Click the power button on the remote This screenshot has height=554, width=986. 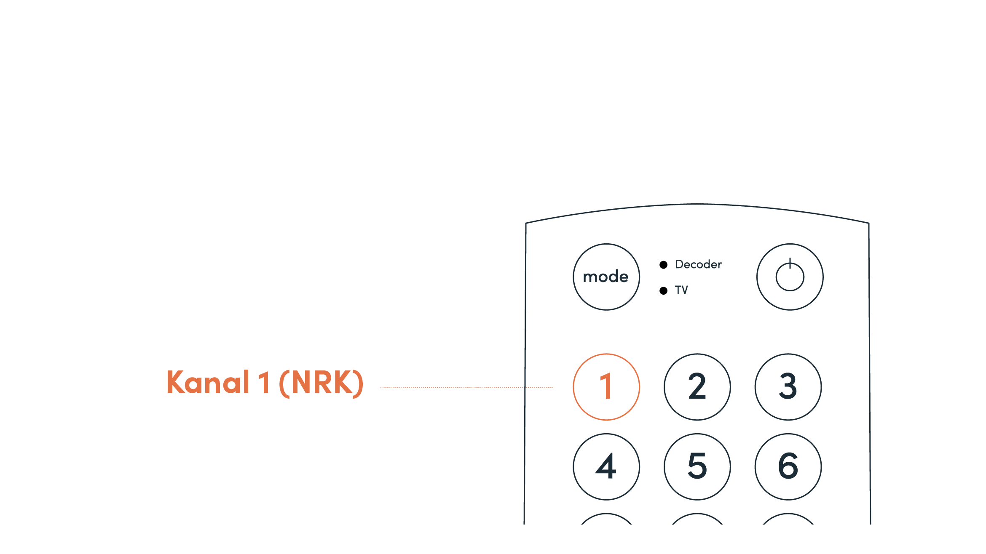click(790, 277)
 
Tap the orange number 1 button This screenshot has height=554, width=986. click(606, 387)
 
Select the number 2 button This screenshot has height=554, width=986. click(697, 387)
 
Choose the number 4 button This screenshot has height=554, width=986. click(606, 466)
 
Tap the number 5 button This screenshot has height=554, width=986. click(697, 466)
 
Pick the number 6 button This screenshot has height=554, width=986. click(788, 466)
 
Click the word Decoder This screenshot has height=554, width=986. click(698, 264)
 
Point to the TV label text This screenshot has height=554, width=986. click(681, 290)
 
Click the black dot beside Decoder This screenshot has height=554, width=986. click(663, 265)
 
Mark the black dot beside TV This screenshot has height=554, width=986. click(663, 290)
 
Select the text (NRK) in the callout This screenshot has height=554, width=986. click(321, 383)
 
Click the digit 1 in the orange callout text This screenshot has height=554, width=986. click(264, 383)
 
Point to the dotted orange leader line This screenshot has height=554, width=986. click(464, 388)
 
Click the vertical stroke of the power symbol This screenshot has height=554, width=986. click(790, 264)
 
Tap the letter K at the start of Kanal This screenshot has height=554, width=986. click(176, 382)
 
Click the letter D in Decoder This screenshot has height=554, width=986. click(679, 264)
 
